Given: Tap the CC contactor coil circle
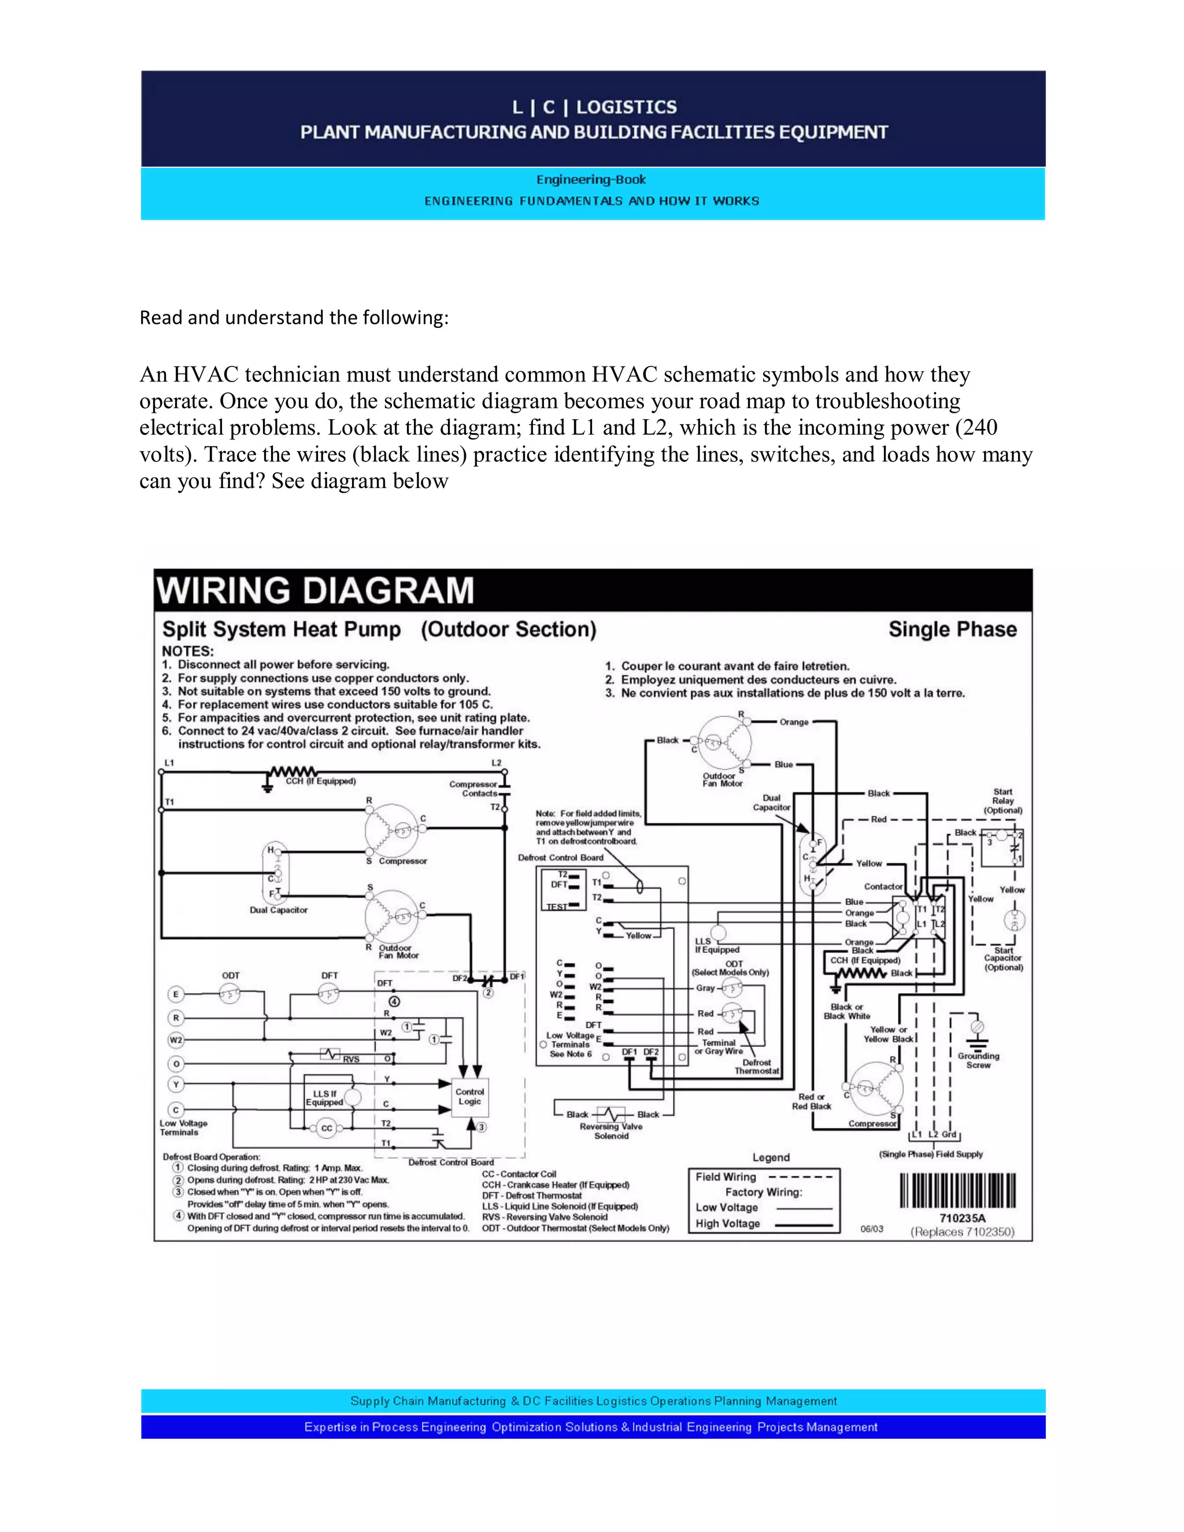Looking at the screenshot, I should [x=326, y=1128].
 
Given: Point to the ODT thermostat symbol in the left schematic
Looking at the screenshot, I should [x=230, y=993].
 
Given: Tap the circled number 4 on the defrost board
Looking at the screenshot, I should [x=394, y=1002].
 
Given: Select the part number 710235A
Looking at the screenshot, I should [x=963, y=1219].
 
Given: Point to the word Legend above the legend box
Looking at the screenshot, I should [x=771, y=1157].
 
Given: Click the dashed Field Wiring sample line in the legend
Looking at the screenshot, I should [x=800, y=1177].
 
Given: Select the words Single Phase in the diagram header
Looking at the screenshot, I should [x=953, y=629].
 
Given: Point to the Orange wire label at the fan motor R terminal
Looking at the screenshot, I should [x=794, y=722].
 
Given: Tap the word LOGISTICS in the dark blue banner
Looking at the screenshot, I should [x=626, y=108].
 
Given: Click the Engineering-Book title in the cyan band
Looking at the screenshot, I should [x=591, y=180].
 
